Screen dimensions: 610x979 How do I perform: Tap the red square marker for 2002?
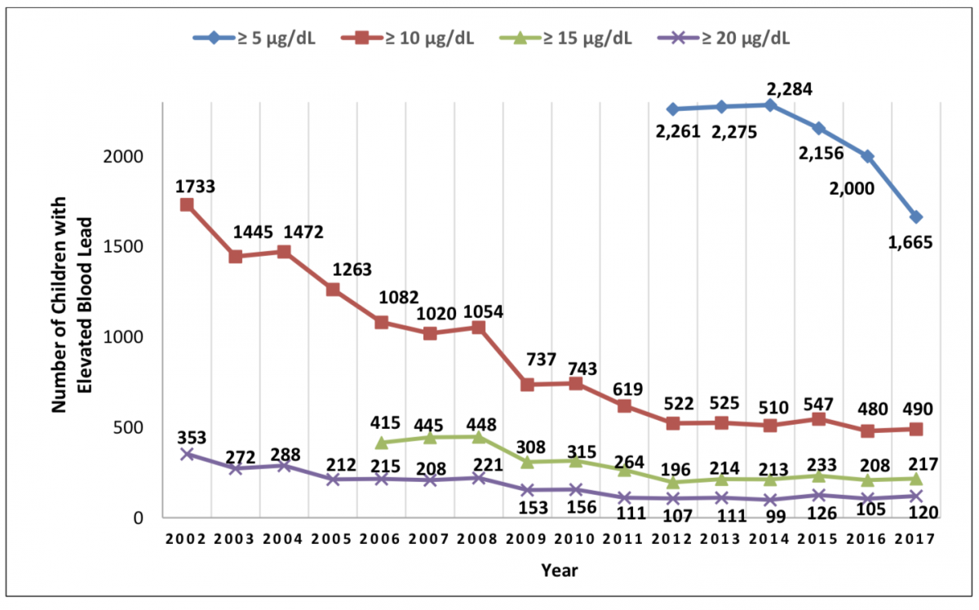[x=187, y=205]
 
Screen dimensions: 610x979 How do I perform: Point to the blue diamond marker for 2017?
[x=915, y=217]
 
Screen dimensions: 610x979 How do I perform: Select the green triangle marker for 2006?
[x=381, y=443]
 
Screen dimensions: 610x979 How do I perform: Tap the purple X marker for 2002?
[x=187, y=454]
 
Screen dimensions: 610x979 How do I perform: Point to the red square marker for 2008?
[x=478, y=328]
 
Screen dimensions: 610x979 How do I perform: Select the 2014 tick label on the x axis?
[x=769, y=539]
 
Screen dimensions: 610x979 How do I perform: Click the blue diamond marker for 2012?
[x=672, y=108]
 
